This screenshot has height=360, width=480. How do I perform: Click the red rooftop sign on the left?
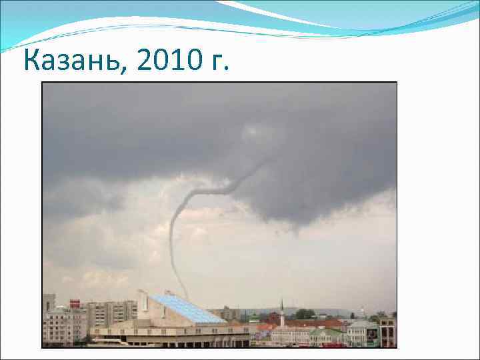[75, 304]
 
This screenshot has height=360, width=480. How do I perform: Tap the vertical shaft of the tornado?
[173, 247]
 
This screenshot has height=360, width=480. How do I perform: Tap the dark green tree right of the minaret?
[305, 314]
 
